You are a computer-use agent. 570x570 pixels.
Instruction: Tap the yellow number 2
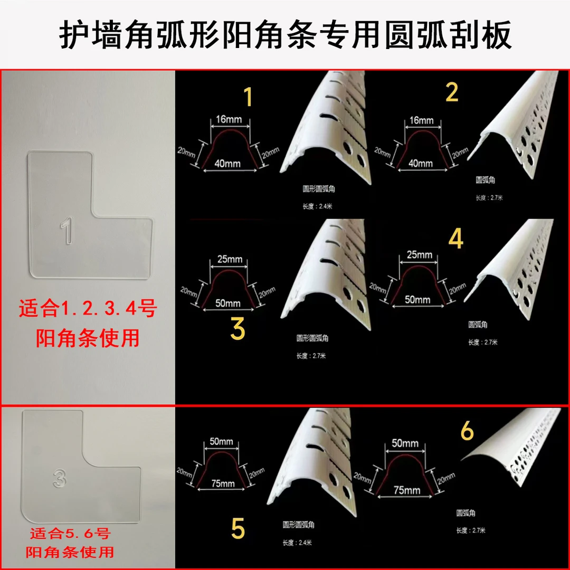[452, 92]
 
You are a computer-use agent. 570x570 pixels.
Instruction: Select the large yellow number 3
[238, 328]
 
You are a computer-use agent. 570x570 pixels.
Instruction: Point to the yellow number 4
[455, 239]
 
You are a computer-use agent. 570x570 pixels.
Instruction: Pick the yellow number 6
[468, 432]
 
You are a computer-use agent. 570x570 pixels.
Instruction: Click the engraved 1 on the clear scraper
[66, 233]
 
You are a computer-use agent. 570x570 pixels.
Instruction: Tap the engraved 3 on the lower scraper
[59, 477]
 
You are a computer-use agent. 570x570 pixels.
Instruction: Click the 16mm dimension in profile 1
[229, 119]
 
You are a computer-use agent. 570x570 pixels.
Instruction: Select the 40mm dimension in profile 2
[421, 163]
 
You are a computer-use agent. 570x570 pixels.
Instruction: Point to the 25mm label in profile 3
[229, 259]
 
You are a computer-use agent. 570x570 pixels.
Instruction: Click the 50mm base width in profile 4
[417, 300]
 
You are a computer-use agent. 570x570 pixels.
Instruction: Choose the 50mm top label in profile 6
[405, 443]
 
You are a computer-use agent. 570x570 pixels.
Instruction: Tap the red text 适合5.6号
[69, 535]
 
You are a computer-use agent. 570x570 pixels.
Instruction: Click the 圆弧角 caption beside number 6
[466, 512]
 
